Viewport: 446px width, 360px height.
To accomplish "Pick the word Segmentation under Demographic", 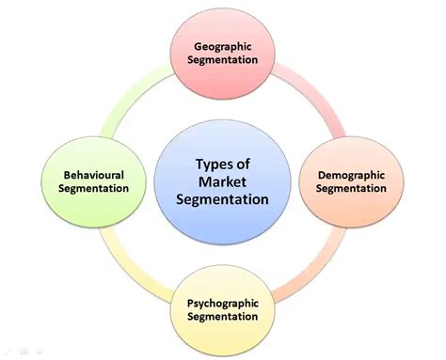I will click(350, 188).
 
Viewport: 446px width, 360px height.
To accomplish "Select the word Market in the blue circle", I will click(224, 180).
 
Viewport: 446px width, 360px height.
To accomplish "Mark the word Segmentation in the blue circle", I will click(224, 198).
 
